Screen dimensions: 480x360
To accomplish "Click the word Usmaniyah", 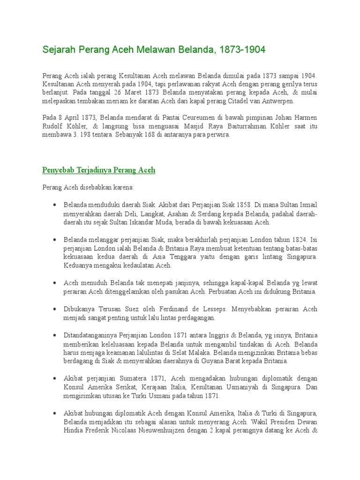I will click(247, 387).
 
